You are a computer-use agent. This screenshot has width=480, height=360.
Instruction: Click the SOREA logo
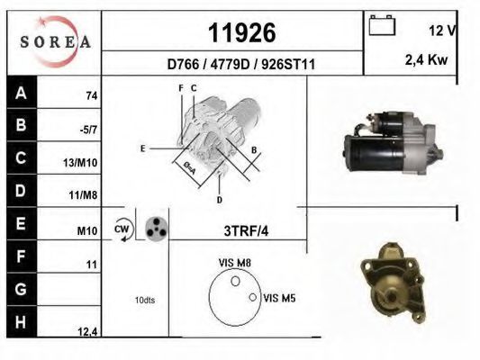click(55, 41)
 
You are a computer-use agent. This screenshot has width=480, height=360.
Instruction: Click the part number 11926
click(242, 32)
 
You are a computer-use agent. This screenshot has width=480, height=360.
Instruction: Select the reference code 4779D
click(230, 64)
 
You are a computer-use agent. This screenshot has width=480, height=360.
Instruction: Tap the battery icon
click(382, 25)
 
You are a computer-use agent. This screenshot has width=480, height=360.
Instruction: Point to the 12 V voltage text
click(442, 31)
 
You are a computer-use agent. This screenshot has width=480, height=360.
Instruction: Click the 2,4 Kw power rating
click(426, 59)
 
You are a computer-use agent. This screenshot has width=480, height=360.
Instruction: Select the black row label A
click(21, 93)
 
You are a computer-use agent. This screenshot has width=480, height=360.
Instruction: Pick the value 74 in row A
click(92, 96)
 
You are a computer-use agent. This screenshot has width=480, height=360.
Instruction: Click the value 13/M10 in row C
click(80, 162)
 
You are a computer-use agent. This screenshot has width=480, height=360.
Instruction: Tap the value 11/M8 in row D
click(83, 194)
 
